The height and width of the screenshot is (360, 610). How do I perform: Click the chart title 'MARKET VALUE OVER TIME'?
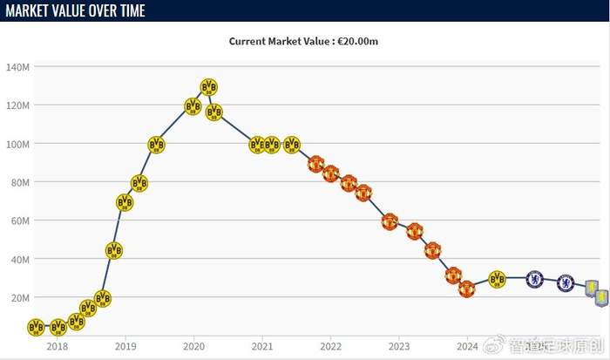click(76, 10)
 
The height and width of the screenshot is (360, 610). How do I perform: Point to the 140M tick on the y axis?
click(18, 67)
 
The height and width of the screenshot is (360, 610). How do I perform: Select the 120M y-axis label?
click(18, 105)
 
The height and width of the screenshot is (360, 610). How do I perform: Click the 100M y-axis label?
click(18, 144)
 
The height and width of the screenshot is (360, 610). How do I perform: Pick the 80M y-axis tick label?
click(20, 182)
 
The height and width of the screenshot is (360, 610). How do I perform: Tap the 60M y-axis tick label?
click(20, 221)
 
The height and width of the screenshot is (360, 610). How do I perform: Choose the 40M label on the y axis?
click(20, 259)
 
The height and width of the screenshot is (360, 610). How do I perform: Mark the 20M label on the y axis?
click(20, 297)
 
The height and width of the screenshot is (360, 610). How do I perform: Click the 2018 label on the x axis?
click(57, 345)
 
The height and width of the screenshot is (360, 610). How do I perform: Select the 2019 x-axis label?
click(125, 345)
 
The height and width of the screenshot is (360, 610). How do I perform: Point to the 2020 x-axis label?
click(193, 345)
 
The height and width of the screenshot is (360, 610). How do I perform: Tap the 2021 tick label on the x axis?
click(261, 345)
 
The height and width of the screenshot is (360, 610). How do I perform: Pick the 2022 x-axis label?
click(330, 345)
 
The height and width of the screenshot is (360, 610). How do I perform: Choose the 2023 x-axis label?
click(398, 345)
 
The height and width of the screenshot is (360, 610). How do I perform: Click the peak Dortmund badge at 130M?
click(209, 87)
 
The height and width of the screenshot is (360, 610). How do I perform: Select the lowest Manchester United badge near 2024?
click(467, 289)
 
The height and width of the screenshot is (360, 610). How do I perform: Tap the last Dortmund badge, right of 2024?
click(497, 279)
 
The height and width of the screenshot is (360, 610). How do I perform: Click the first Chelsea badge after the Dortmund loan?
click(535, 279)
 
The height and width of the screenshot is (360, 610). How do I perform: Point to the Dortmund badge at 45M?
click(114, 250)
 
